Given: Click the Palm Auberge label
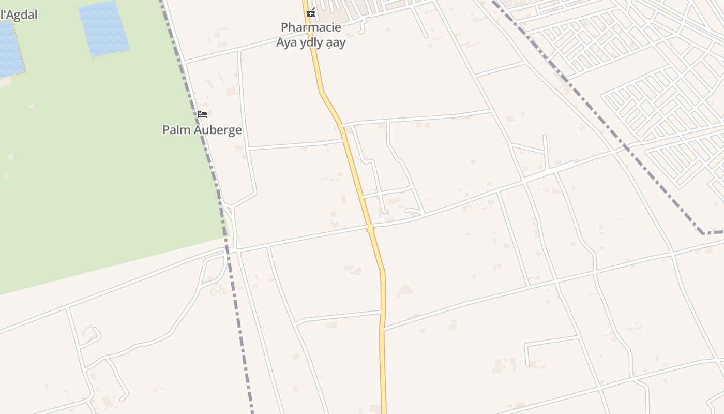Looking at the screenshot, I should pyautogui.click(x=202, y=130).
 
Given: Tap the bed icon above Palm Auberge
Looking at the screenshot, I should pyautogui.click(x=202, y=114).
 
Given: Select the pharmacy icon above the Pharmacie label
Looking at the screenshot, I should pyautogui.click(x=311, y=12).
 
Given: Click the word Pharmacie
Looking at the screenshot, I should pyautogui.click(x=311, y=27).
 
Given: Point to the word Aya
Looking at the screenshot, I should pyautogui.click(x=286, y=42).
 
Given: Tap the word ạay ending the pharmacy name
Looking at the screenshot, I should pyautogui.click(x=336, y=43).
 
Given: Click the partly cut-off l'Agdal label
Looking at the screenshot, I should pyautogui.click(x=19, y=14).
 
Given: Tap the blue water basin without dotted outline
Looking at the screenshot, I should pyautogui.click(x=103, y=28).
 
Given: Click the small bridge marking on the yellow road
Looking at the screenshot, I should pyautogui.click(x=370, y=228).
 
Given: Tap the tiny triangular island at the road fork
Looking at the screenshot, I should pyautogui.click(x=228, y=208).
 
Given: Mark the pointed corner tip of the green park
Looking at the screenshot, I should pyautogui.click(x=228, y=235).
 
